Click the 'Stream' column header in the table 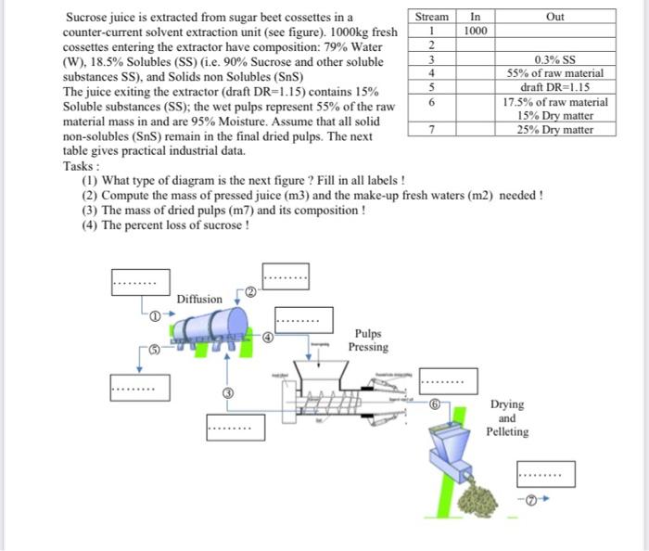pyautogui.click(x=431, y=17)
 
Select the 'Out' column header pyautogui.click(x=555, y=17)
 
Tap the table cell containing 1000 pyautogui.click(x=476, y=31)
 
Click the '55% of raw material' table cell pyautogui.click(x=555, y=72)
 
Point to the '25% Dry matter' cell pyautogui.click(x=555, y=130)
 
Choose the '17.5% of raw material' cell pyautogui.click(x=555, y=102)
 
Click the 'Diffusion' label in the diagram pyautogui.click(x=199, y=299)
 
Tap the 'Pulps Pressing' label pyautogui.click(x=368, y=340)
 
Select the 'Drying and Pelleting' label pyautogui.click(x=507, y=417)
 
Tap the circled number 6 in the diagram pyautogui.click(x=435, y=404)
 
